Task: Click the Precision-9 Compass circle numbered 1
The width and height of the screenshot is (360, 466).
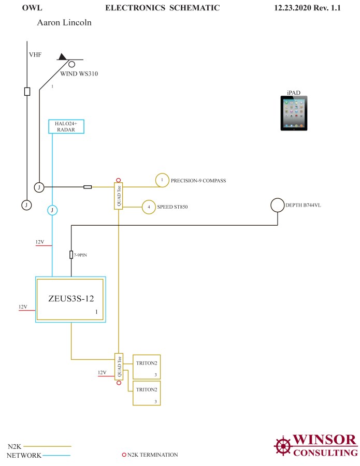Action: coord(162,180)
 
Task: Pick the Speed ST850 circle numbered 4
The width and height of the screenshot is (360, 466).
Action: coord(149,207)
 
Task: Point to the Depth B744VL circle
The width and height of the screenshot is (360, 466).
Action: coord(278,206)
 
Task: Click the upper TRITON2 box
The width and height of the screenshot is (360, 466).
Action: coord(146,367)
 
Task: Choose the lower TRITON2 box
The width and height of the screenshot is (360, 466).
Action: coord(146,393)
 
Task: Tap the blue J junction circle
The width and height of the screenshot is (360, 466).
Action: coord(52,210)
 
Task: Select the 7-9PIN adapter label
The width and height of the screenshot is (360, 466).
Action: coord(80,255)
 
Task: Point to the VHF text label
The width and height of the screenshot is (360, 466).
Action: coord(35,54)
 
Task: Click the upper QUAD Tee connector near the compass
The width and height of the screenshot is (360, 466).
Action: coord(118,196)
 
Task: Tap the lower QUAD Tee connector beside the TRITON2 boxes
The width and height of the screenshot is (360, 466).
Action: coord(118,367)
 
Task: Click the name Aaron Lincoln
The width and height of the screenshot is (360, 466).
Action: coord(64,23)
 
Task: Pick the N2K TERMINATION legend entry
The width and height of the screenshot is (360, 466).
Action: coord(152,455)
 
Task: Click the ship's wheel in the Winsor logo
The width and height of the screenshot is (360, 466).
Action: coord(283,445)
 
